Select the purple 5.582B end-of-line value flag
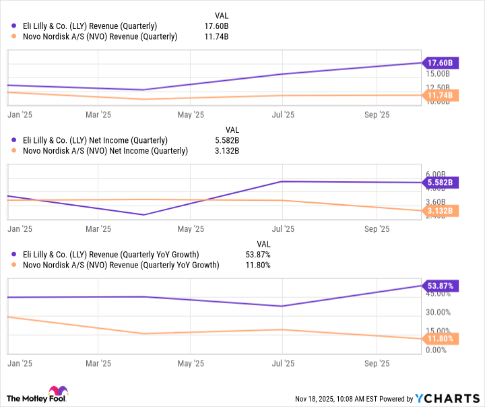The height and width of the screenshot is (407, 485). (x=440, y=183)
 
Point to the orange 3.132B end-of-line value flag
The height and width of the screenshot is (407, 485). (x=440, y=211)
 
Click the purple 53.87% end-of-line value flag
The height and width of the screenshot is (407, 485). (x=439, y=286)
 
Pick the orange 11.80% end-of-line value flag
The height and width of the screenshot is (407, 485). (x=439, y=339)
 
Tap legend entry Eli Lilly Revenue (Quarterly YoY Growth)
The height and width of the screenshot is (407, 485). (x=115, y=255)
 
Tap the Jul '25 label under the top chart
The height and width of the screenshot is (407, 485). (x=282, y=115)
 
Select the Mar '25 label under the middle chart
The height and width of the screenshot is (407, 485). (x=98, y=229)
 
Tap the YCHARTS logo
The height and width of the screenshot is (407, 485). (x=444, y=398)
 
